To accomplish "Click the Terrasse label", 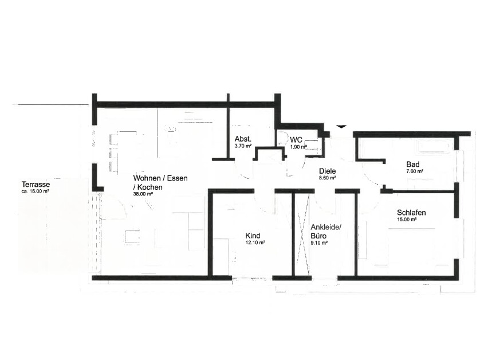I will (x=36, y=185).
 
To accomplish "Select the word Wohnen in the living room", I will (x=147, y=178).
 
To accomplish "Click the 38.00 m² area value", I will (x=143, y=194).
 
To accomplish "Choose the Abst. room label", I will (x=243, y=139).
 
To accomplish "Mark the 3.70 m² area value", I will (x=243, y=147).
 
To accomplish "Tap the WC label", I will (x=296, y=139).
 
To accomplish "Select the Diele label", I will (x=327, y=171).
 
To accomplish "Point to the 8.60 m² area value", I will (x=327, y=178).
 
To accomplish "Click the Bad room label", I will (x=412, y=164).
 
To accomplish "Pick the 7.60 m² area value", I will (x=414, y=171).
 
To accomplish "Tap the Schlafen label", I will (x=411, y=213).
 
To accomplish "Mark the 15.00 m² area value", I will (x=407, y=220).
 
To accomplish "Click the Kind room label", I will (x=253, y=236).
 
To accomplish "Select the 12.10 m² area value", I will (x=255, y=242).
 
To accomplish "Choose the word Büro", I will (x=319, y=236).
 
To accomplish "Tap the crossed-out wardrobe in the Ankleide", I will (x=302, y=235).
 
